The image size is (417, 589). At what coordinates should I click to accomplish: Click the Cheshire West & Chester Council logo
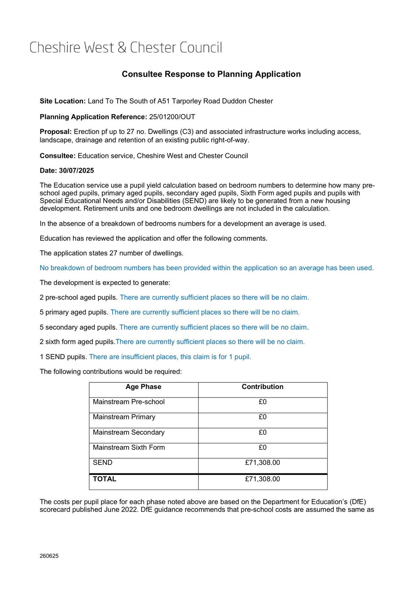point(126,48)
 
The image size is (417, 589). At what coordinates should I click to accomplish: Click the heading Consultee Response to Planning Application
point(211,74)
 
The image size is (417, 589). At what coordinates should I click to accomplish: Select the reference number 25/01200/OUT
point(172,117)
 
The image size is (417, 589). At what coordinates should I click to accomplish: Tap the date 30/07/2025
point(76,170)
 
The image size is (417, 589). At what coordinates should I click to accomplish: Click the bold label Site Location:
point(63,101)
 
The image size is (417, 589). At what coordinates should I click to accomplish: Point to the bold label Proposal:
point(56,132)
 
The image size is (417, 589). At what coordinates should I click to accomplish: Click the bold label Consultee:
point(58,156)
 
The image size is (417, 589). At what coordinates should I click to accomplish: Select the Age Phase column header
point(143,387)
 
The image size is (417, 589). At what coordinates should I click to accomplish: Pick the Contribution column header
point(263,387)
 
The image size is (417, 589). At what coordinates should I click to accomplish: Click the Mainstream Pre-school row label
point(129,402)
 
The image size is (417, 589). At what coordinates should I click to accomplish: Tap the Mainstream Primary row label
point(124,417)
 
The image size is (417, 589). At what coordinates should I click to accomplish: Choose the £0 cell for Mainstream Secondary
point(263,433)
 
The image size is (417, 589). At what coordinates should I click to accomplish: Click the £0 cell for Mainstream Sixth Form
point(263,448)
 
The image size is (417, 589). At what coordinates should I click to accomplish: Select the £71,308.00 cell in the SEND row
point(263,463)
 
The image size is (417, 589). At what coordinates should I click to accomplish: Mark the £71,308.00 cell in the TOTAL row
point(263,479)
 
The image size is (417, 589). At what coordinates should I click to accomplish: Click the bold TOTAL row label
point(104,479)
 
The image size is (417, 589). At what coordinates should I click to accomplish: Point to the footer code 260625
point(49,556)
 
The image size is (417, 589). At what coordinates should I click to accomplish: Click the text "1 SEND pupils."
point(63,357)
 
